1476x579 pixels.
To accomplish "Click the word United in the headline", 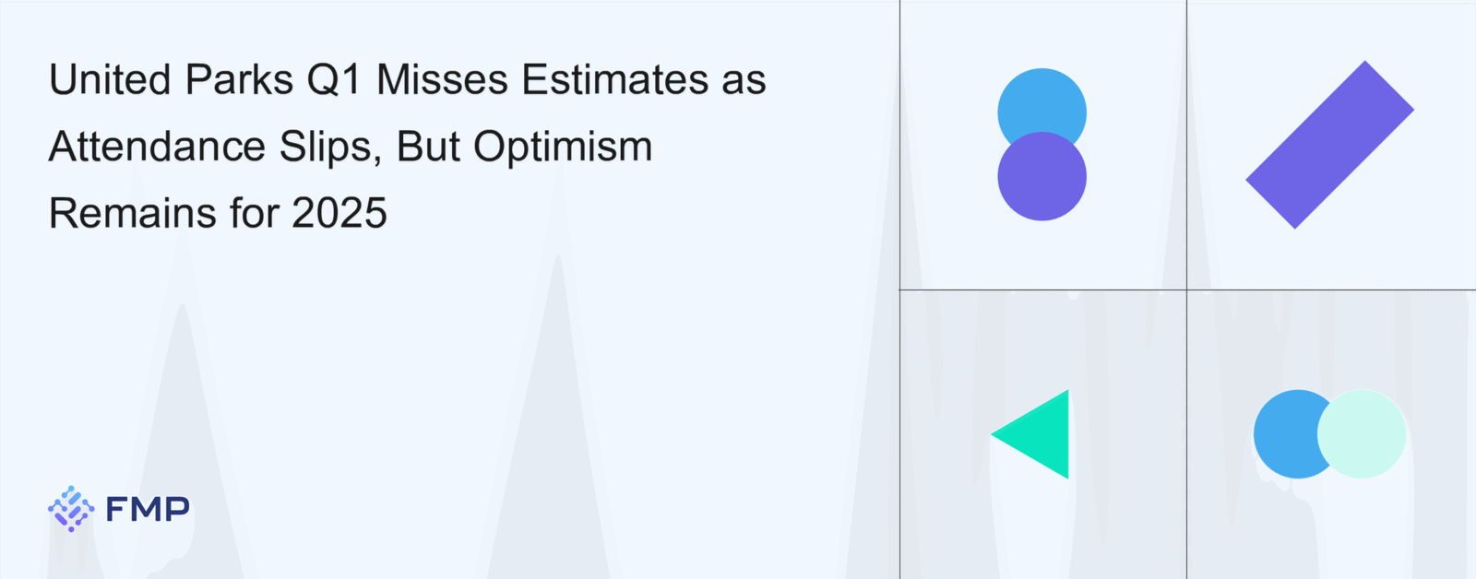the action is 110,79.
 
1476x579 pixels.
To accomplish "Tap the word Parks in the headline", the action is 239,79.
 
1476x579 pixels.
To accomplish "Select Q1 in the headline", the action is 335,80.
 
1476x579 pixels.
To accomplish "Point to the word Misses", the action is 442,79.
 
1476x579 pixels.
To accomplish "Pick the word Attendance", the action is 157,147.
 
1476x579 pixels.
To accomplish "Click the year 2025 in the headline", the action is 339,213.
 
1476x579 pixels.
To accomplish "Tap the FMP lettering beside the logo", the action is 148,509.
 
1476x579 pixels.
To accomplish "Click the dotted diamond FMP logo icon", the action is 71,509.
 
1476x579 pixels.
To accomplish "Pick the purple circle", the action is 1042,176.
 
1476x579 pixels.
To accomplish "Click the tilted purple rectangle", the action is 1329,145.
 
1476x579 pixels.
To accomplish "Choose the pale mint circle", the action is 1362,434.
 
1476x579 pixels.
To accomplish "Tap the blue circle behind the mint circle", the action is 1285,434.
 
